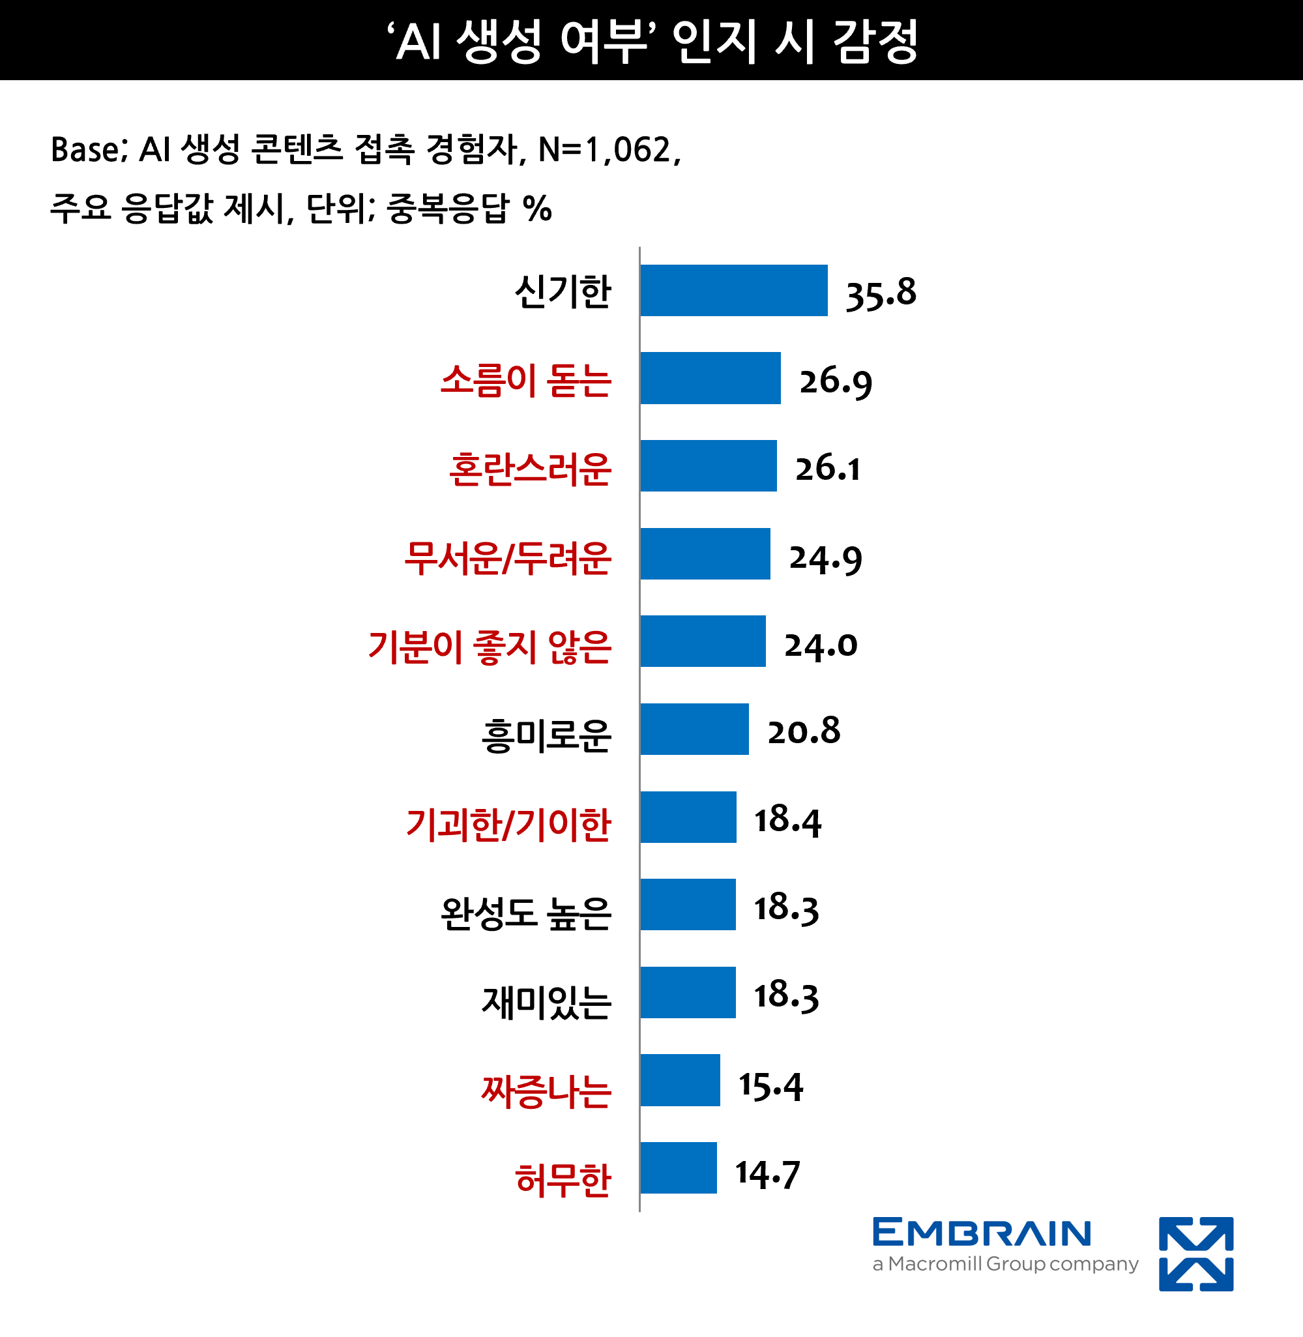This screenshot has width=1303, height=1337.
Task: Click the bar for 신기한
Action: [733, 290]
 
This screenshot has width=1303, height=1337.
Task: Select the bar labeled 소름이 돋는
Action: [710, 377]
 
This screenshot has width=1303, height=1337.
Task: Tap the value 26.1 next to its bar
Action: [827, 468]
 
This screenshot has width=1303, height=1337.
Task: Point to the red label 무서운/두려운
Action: [507, 557]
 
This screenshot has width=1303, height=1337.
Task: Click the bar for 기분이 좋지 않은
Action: [703, 641]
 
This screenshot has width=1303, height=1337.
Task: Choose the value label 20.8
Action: [804, 731]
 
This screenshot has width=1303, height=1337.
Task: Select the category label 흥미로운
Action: [546, 735]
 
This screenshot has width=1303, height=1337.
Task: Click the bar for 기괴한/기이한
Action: [688, 817]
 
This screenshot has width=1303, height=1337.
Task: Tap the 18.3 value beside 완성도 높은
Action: [785, 908]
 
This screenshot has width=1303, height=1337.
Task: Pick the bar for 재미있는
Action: [688, 992]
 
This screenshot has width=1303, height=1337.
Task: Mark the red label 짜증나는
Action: [546, 1091]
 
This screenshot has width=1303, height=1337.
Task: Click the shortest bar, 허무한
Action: [678, 1168]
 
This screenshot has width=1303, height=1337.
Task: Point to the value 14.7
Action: [767, 1174]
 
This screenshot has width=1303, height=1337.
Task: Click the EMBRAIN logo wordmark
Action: [982, 1233]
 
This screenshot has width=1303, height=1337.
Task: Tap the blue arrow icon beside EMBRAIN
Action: [1195, 1254]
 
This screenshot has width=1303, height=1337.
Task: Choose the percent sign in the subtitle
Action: [537, 208]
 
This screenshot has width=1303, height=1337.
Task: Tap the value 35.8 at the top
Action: [881, 294]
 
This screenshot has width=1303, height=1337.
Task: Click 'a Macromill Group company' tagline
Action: [1004, 1264]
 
